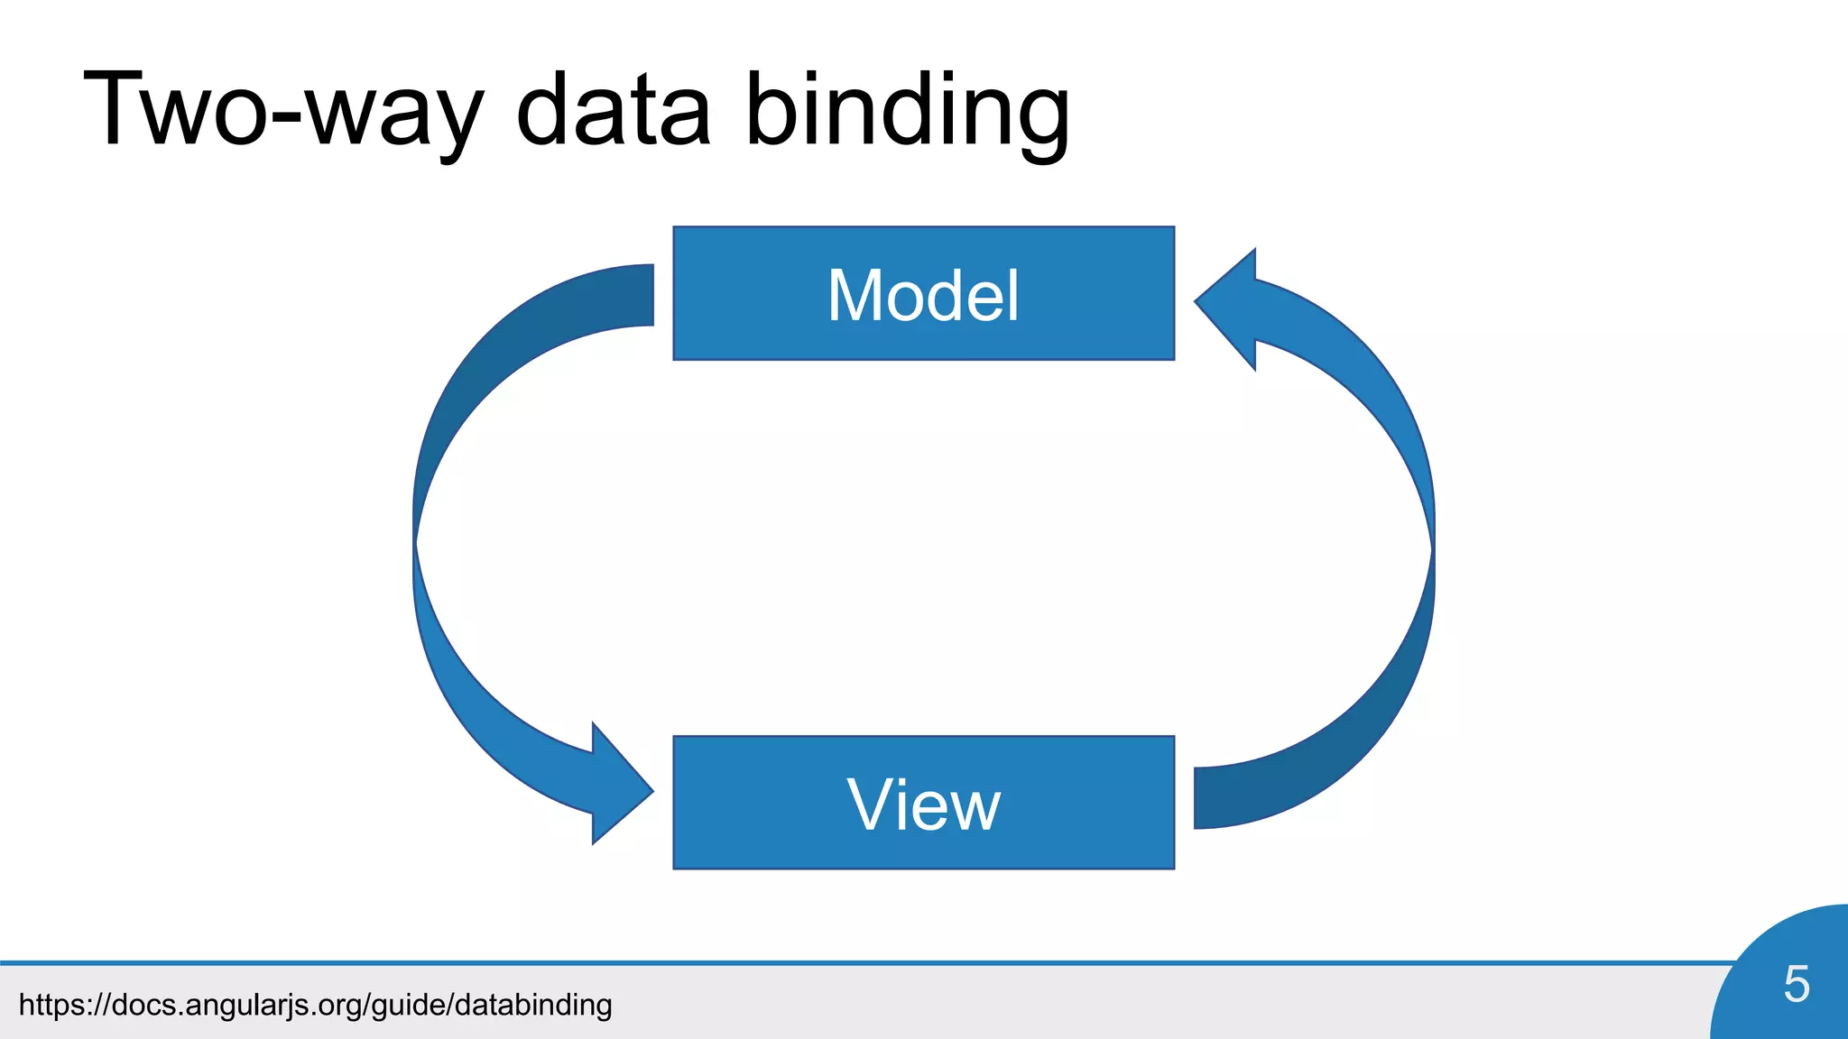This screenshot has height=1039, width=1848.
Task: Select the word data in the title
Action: tap(614, 110)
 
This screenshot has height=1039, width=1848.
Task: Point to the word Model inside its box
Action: tap(923, 295)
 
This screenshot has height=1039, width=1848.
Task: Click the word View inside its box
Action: tap(923, 805)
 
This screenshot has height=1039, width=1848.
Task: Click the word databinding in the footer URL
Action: tap(533, 1004)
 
